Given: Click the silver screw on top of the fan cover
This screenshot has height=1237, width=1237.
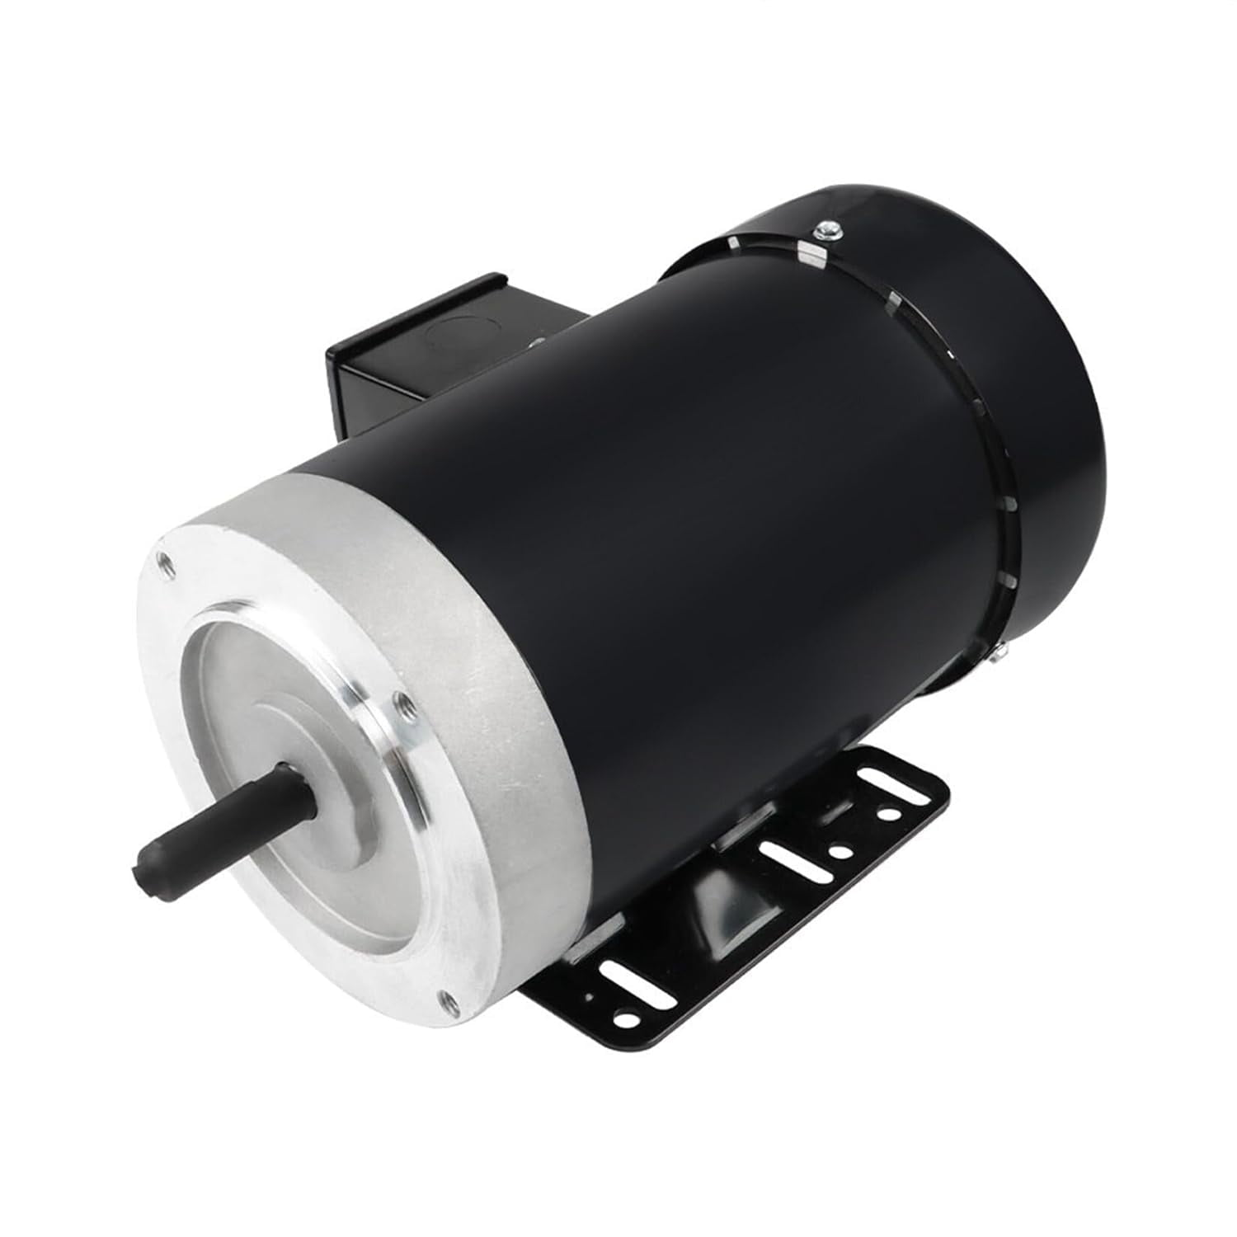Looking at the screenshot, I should pyautogui.click(x=828, y=227).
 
